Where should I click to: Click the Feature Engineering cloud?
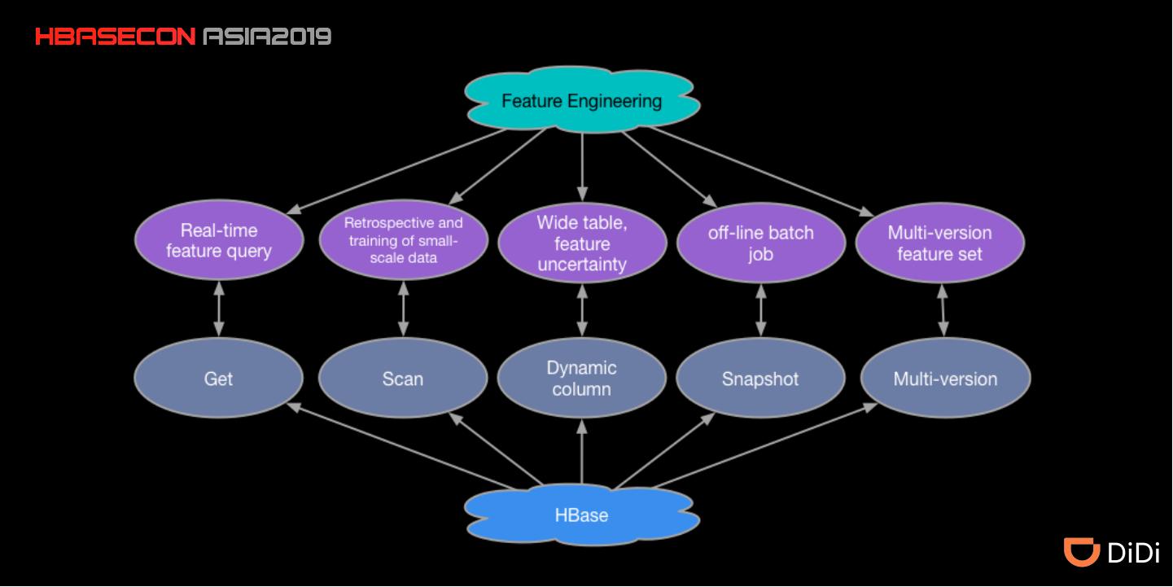coord(581,101)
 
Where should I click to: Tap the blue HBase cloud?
coord(581,515)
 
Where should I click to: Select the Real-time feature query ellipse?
coord(218,241)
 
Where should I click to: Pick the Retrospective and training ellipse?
coord(403,240)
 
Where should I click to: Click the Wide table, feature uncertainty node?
coord(581,243)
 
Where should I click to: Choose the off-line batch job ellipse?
coord(760,243)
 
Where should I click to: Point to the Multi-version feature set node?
coord(939,243)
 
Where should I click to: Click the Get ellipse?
coord(218,379)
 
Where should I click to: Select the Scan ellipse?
coord(403,379)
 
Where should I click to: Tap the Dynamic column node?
coord(581,379)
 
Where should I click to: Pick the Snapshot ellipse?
coord(760,379)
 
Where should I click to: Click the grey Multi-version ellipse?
coord(945,379)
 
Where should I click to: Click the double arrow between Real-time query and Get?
coord(218,309)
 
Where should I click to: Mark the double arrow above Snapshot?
coord(760,309)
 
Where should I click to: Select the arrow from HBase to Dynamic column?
coord(581,452)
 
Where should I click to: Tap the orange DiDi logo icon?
coord(1082,552)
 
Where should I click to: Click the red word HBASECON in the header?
coord(115,37)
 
